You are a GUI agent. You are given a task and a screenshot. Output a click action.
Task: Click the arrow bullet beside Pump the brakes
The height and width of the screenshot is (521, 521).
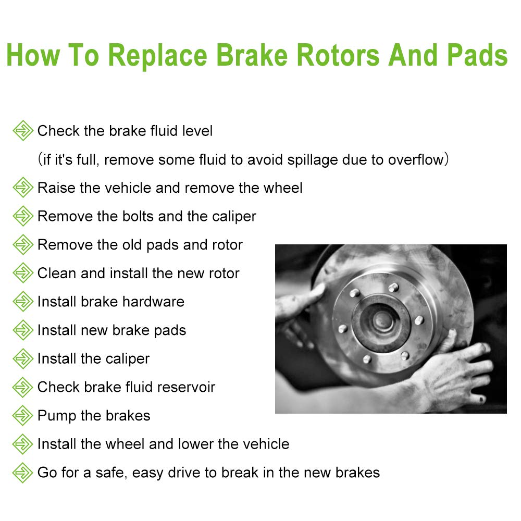click(x=22, y=415)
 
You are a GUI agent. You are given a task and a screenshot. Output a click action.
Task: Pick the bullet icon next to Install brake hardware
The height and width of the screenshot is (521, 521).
click(x=22, y=301)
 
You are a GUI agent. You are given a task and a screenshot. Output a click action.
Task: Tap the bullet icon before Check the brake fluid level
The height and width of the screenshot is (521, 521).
click(x=22, y=130)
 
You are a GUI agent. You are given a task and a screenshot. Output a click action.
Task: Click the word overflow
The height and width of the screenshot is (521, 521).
click(x=415, y=159)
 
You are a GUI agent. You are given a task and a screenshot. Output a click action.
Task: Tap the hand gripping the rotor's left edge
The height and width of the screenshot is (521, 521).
click(x=297, y=307)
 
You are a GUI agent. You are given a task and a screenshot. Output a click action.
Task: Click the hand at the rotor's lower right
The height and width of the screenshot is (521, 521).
click(x=461, y=373)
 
